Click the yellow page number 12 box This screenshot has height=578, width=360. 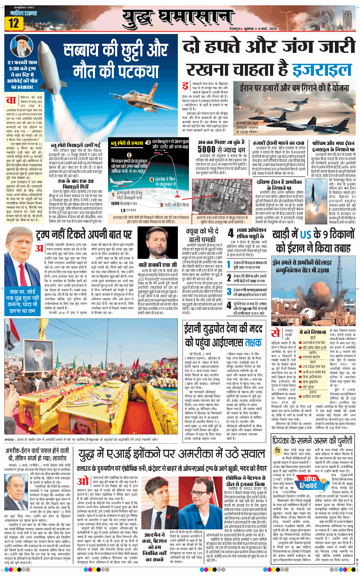click(14, 23)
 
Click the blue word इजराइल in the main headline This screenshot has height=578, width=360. click(322, 70)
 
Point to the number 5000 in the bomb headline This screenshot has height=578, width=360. click(207, 149)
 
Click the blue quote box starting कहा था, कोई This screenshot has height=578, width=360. click(22, 301)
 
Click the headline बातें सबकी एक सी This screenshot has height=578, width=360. click(158, 265)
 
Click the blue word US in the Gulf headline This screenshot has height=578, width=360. click(306, 235)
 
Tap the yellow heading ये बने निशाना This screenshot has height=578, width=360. click(313, 332)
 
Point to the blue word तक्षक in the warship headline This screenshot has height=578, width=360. click(253, 343)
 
